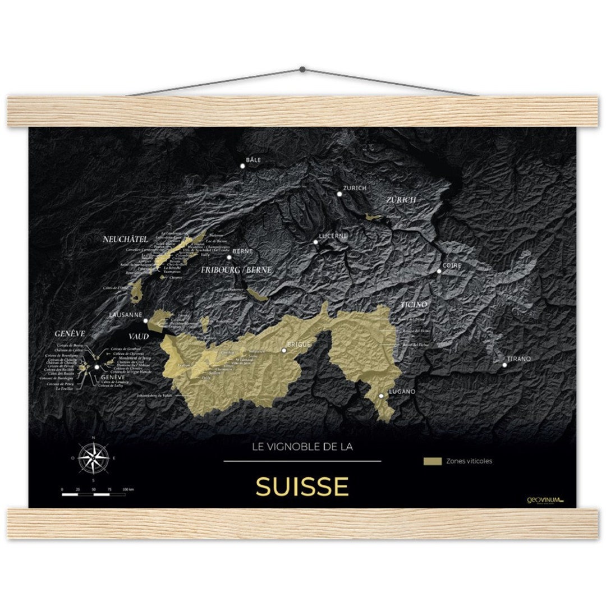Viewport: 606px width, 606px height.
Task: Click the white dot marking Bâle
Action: [243, 166]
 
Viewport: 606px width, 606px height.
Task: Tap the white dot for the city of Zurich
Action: [339, 194]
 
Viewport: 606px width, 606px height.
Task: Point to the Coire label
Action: [452, 265]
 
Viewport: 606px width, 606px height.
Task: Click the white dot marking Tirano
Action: [504, 365]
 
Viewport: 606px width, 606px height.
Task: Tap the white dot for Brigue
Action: [284, 350]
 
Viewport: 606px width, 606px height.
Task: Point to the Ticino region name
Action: [414, 304]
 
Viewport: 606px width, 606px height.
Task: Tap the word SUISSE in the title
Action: [302, 486]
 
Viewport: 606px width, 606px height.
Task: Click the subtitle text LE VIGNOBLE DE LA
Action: [302, 447]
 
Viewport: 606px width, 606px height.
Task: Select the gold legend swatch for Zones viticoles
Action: [432, 461]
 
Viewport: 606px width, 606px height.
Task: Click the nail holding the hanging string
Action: [302, 69]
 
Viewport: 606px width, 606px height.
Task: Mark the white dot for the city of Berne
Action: [229, 257]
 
